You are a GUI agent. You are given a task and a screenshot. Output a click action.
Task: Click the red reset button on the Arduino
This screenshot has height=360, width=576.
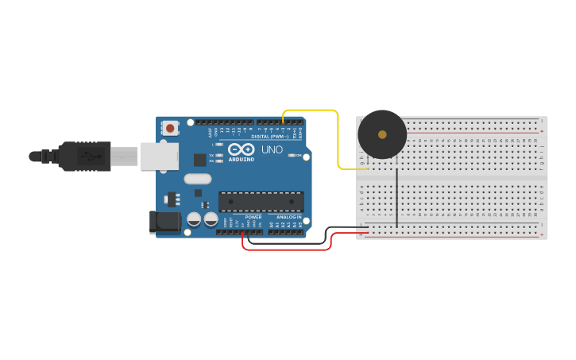click(170, 127)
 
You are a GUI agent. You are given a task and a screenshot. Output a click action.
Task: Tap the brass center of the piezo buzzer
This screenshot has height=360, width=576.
click(382, 134)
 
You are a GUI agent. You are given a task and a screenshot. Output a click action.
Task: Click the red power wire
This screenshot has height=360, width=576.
click(286, 250)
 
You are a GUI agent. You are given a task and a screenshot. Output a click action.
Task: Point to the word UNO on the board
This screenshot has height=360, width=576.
click(272, 149)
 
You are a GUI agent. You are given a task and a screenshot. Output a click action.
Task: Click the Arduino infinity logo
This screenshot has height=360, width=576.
click(241, 149)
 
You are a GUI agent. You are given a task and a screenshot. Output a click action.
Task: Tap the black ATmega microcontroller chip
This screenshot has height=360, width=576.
click(261, 201)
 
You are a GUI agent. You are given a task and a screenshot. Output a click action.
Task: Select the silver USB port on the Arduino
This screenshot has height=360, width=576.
click(160, 157)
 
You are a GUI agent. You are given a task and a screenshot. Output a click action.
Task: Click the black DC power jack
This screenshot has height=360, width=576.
click(165, 223)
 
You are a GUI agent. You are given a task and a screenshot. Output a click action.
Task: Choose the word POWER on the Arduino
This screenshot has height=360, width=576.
click(253, 217)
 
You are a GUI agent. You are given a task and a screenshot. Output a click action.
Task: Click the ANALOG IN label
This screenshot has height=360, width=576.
click(289, 217)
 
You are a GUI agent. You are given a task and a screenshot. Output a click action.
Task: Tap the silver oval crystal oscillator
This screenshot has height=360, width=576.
click(198, 179)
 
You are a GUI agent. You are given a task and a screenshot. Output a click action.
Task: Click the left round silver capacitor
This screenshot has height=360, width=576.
click(194, 219)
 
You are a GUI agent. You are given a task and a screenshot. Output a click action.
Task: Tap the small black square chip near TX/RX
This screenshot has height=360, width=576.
click(199, 160)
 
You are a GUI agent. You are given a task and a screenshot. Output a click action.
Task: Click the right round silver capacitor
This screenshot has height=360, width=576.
click(211, 219)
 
